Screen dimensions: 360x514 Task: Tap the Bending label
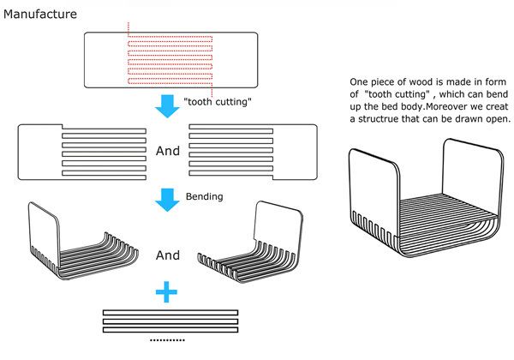(x=205, y=196)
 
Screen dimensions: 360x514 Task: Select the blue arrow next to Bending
(x=167, y=199)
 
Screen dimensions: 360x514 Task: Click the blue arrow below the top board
(x=167, y=102)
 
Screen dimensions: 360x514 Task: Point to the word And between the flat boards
(x=168, y=151)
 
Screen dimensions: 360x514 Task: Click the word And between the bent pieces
(x=168, y=255)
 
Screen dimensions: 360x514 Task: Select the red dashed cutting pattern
(x=171, y=62)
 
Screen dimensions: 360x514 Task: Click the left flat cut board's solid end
(x=39, y=150)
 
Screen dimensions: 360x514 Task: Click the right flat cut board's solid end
(x=296, y=150)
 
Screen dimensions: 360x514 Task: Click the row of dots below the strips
(x=167, y=340)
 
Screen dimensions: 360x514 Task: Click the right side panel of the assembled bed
(x=469, y=180)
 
